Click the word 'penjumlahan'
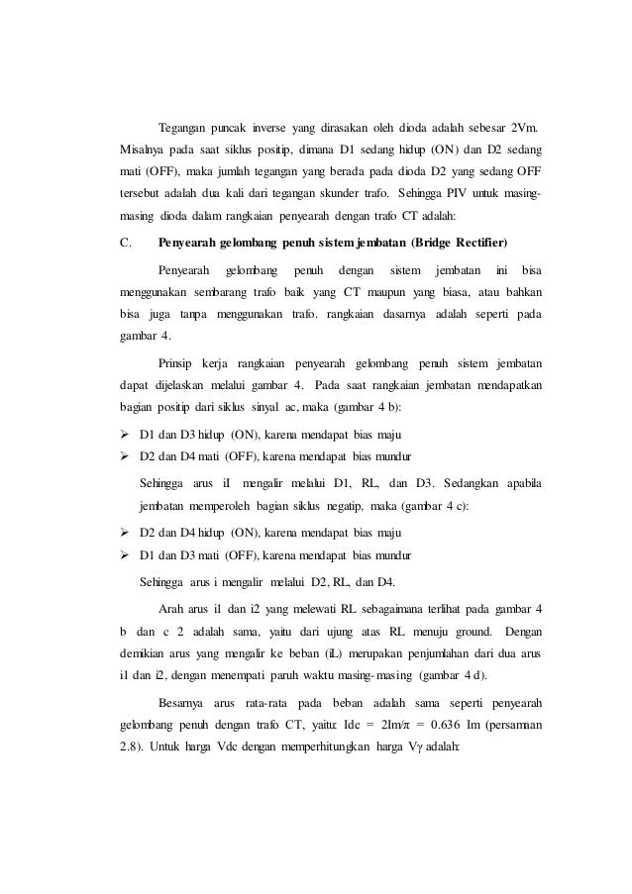[416, 653]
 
